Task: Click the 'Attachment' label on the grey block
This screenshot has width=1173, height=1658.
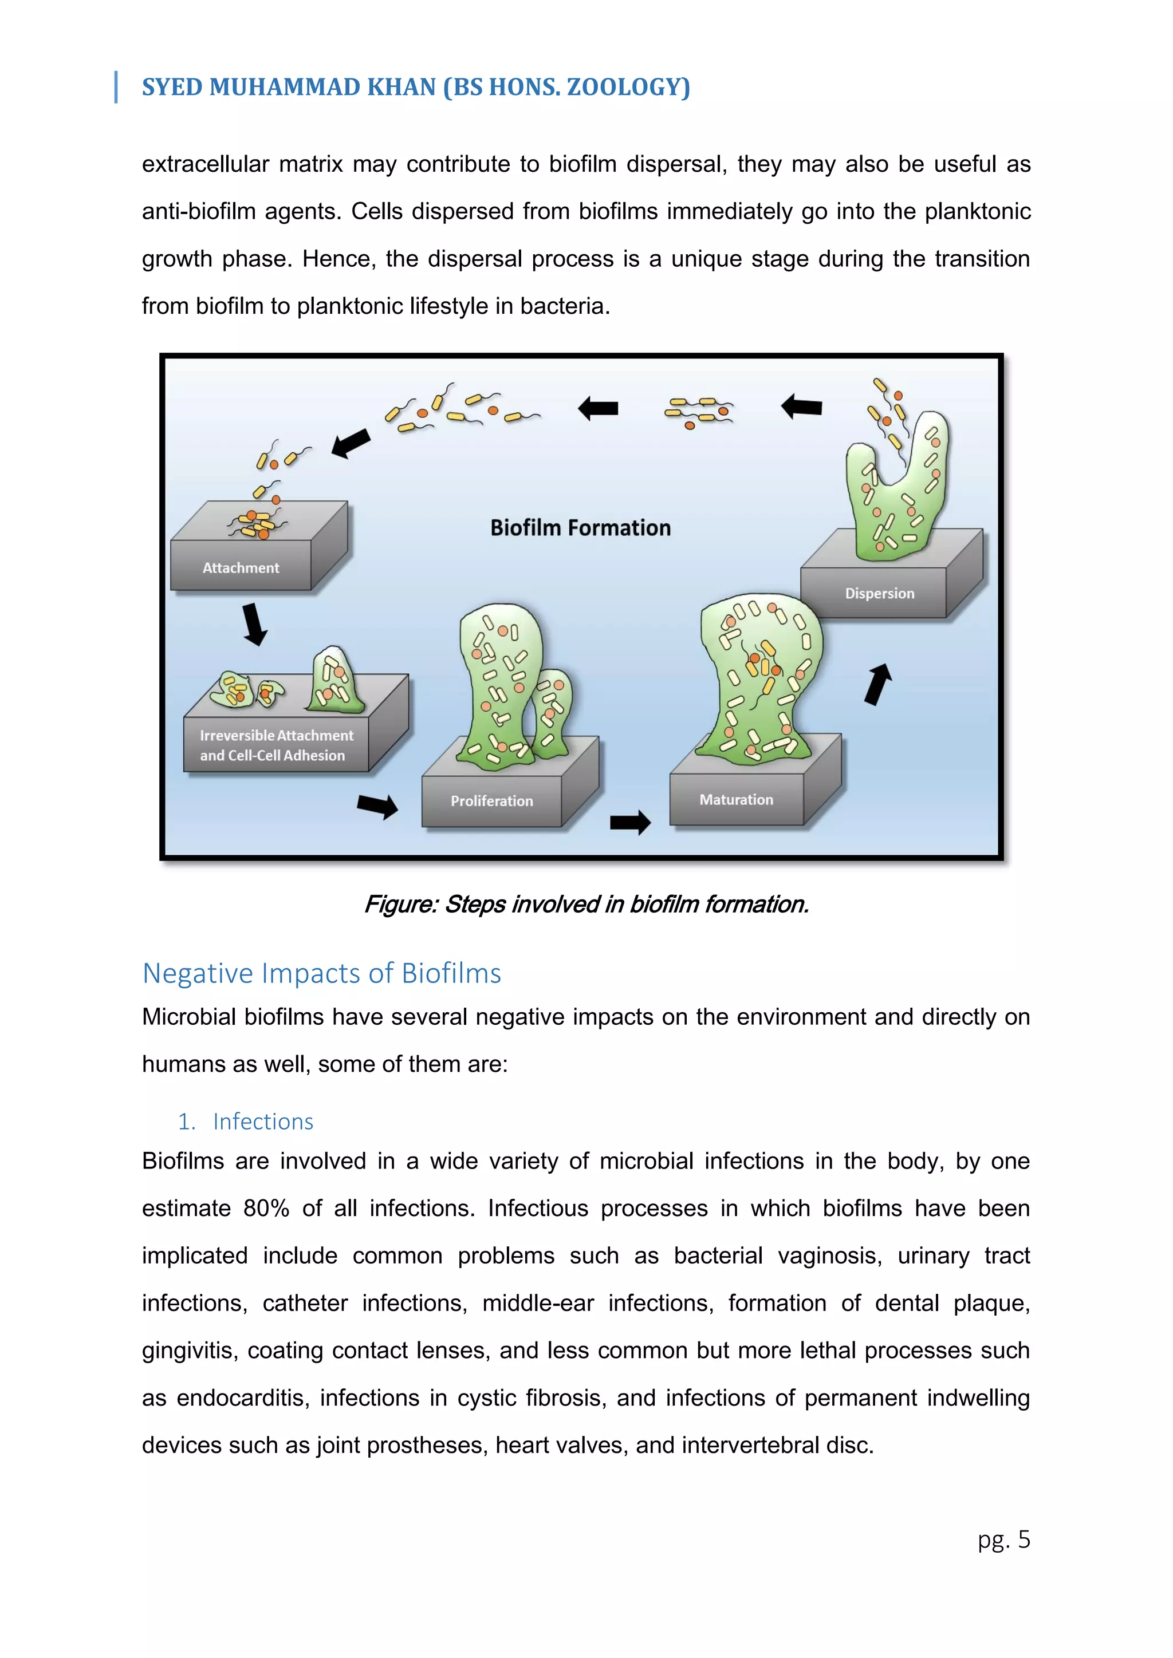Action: (241, 569)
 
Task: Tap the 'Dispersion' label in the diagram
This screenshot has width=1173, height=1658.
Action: (879, 594)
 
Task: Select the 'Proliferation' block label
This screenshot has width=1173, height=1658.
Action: (491, 801)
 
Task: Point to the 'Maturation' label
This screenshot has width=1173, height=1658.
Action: (735, 799)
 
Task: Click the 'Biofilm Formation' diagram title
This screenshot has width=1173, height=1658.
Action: (580, 528)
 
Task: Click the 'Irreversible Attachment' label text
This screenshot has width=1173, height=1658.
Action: (277, 735)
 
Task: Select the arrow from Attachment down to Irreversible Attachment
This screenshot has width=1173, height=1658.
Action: (254, 624)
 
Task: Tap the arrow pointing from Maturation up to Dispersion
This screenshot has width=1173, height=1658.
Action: (878, 684)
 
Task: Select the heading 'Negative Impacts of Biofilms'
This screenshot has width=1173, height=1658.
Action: (321, 973)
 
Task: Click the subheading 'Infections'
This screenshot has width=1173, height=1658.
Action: (263, 1122)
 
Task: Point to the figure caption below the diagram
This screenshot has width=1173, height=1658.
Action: (586, 904)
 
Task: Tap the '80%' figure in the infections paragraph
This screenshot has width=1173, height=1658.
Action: (266, 1208)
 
